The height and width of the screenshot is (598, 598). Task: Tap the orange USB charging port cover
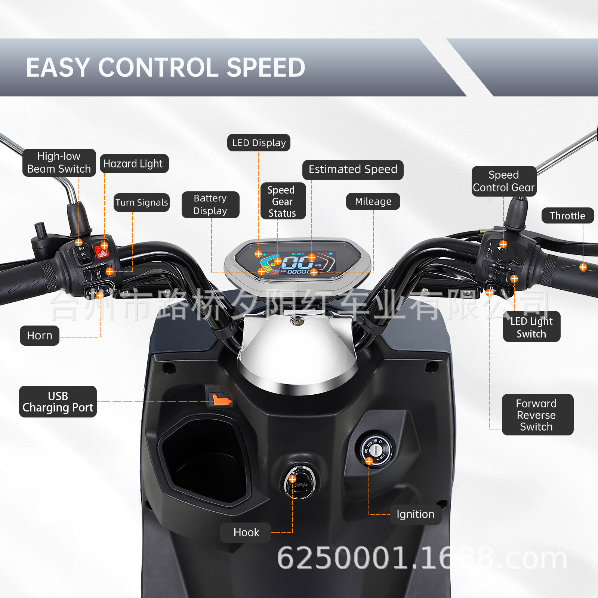(x=221, y=400)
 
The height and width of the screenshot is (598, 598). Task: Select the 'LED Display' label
(x=259, y=143)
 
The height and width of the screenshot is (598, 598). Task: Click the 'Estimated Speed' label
(x=353, y=170)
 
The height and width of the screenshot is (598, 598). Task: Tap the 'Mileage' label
(x=373, y=201)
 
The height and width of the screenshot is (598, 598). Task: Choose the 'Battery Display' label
(x=210, y=204)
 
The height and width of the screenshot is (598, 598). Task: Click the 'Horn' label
(x=40, y=336)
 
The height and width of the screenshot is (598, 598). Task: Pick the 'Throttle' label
(x=567, y=216)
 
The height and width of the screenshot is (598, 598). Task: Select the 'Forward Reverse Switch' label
(x=537, y=415)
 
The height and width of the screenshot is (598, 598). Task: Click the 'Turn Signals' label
(x=142, y=203)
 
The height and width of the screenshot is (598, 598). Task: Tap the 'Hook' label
(x=246, y=532)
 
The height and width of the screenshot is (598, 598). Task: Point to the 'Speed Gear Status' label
(x=283, y=201)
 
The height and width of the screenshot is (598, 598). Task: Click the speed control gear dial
(x=503, y=253)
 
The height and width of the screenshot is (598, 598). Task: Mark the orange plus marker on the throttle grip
(x=583, y=267)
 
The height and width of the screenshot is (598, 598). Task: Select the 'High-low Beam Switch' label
(x=59, y=163)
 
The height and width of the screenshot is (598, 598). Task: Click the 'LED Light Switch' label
(x=531, y=327)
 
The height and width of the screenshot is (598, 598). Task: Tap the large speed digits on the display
(x=297, y=262)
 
